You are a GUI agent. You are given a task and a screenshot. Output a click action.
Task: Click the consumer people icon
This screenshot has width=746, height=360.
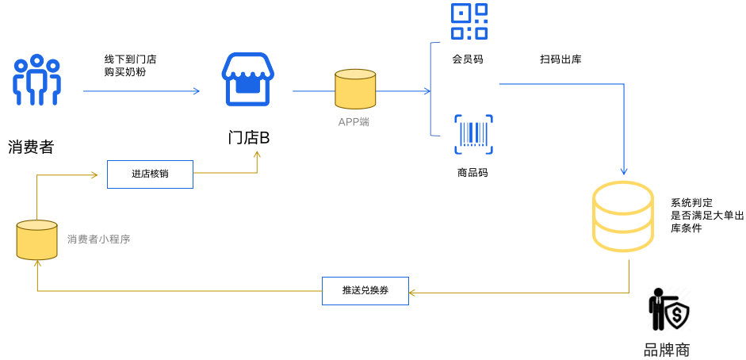[36, 80]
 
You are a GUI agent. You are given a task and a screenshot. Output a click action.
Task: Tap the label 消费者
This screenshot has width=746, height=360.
[31, 147]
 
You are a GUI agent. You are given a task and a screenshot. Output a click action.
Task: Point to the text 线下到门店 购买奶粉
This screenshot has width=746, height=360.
[130, 65]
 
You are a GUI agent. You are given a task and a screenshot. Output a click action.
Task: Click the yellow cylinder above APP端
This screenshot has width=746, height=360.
[354, 89]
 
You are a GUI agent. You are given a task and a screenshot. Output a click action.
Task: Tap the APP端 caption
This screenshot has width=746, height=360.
[354, 122]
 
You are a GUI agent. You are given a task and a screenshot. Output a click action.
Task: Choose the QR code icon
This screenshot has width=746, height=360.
[469, 21]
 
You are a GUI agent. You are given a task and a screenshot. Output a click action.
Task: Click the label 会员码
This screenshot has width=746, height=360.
[468, 59]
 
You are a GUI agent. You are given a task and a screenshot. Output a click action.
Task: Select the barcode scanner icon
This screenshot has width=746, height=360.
[473, 134]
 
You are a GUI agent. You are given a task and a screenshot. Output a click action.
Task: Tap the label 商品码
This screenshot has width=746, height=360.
[472, 172]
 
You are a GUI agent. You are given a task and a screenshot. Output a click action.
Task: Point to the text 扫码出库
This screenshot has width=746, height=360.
[560, 59]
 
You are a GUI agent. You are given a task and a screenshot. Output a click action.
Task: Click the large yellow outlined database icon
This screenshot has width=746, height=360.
[623, 216]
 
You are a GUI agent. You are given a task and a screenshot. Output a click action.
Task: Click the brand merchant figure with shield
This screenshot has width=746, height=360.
[668, 309]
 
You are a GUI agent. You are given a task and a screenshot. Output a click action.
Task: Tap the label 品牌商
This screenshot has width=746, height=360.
[667, 349]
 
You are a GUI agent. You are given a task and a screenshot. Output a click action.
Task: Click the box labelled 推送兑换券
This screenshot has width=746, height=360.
[365, 290]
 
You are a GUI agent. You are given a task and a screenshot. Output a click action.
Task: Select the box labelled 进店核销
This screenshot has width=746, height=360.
[150, 174]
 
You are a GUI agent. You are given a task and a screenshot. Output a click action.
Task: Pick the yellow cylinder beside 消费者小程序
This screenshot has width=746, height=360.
[37, 239]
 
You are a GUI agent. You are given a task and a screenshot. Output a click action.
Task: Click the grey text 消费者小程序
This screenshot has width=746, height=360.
[98, 239]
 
